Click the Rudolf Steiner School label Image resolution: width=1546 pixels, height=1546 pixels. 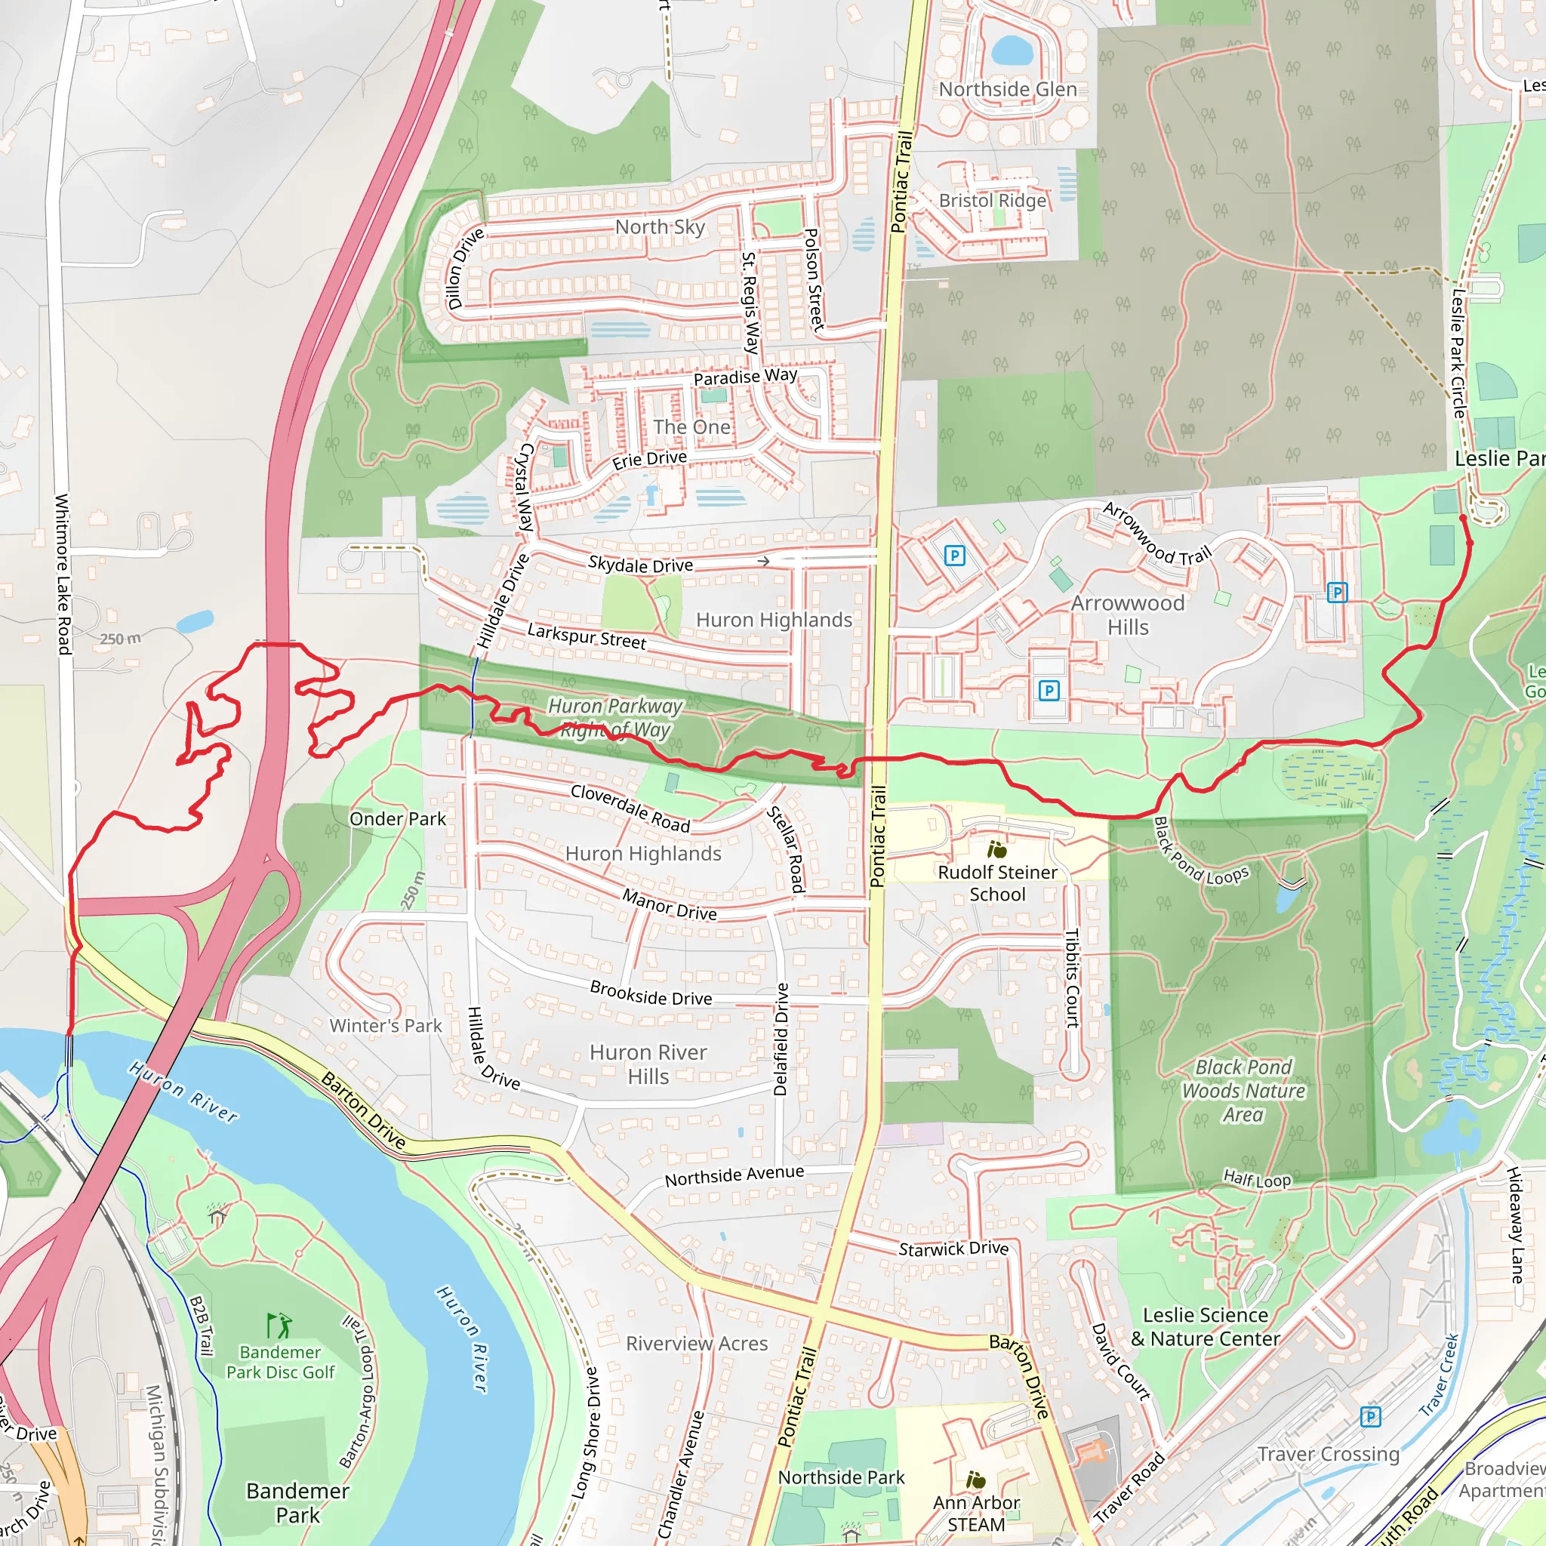(x=997, y=883)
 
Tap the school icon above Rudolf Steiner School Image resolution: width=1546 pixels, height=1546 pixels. (x=997, y=849)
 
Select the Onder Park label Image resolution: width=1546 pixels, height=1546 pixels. (x=398, y=818)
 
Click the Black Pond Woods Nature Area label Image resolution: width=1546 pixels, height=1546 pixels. (x=1243, y=1091)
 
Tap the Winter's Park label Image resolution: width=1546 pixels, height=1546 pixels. (x=386, y=1025)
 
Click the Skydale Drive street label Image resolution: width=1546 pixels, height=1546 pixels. (x=640, y=564)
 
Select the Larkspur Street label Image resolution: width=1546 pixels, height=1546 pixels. (x=587, y=636)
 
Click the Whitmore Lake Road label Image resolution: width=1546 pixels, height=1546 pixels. (x=63, y=574)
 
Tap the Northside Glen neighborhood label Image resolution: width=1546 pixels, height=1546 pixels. (x=1008, y=90)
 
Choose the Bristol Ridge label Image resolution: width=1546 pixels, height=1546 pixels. (x=992, y=200)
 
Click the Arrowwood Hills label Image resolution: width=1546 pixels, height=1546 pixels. (x=1128, y=614)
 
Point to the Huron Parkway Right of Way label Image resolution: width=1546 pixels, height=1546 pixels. (x=614, y=718)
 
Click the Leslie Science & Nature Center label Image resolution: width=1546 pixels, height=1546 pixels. (x=1205, y=1327)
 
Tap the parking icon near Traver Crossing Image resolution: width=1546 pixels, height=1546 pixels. (x=1370, y=1417)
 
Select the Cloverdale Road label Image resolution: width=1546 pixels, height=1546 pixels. (x=630, y=808)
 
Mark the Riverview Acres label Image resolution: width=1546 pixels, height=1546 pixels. (x=696, y=1344)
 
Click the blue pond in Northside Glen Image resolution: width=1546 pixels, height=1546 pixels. (x=1012, y=50)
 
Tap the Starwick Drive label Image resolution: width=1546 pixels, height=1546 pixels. (x=953, y=1249)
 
